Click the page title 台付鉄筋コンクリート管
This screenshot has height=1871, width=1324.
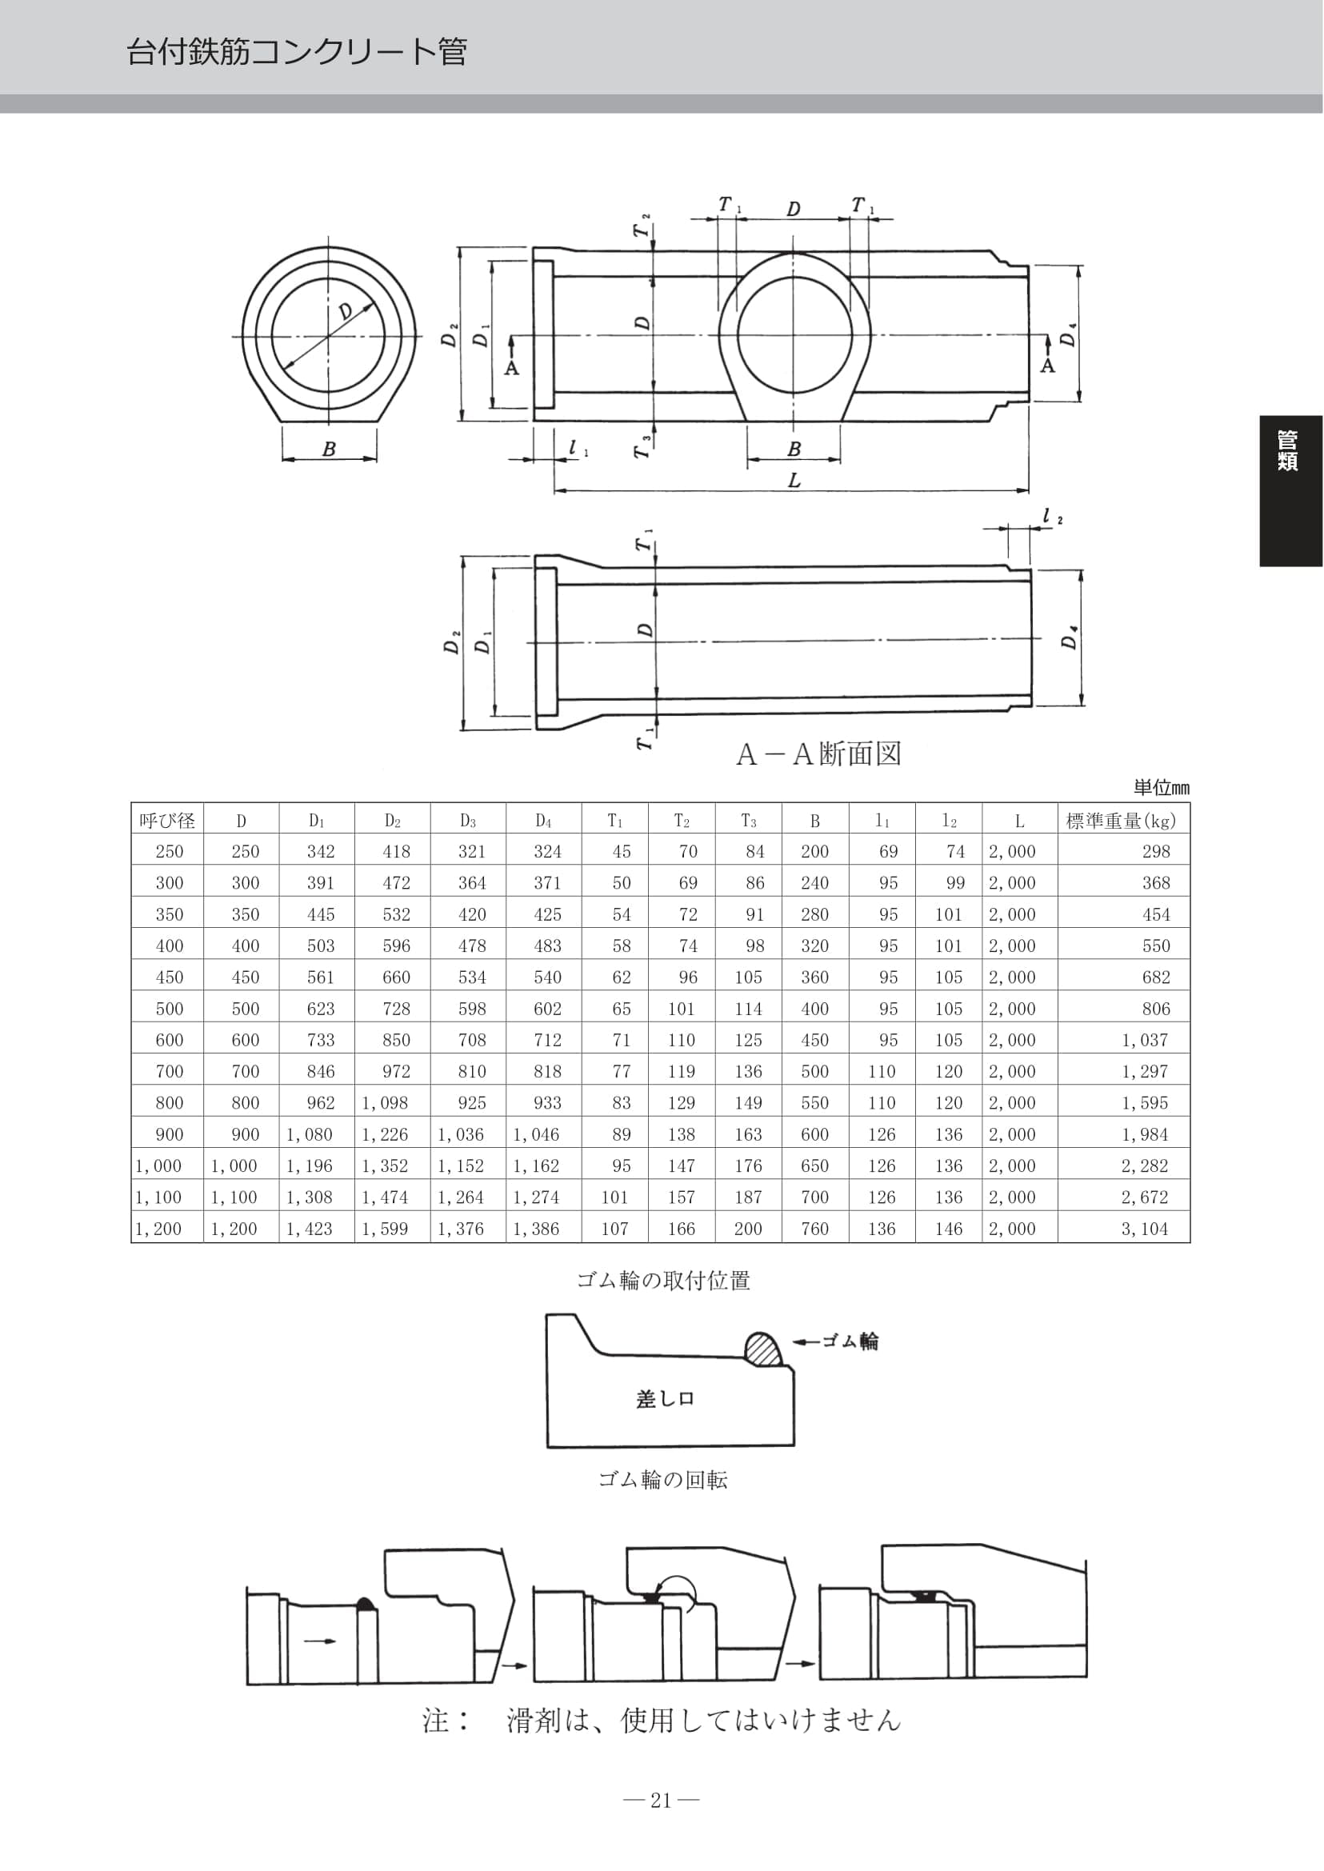[x=297, y=52]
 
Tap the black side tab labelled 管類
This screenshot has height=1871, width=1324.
[x=1291, y=491]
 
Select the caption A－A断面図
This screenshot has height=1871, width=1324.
[x=818, y=754]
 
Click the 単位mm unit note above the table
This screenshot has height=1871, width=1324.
[x=1161, y=788]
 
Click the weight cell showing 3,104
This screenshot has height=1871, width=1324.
[x=1144, y=1229]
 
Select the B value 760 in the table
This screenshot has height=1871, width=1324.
[x=814, y=1229]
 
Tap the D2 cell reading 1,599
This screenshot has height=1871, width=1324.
[x=385, y=1229]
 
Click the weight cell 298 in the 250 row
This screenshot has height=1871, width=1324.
[x=1156, y=851]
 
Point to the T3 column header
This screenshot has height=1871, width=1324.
[x=749, y=821]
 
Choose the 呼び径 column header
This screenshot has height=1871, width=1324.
[x=167, y=820]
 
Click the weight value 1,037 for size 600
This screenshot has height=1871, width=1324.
[x=1145, y=1040]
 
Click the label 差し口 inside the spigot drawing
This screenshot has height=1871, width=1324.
[x=665, y=1399]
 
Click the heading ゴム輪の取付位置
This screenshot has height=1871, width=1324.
[x=663, y=1281]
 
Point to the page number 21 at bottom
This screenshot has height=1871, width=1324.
[x=661, y=1800]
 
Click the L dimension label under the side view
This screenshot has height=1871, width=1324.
[x=794, y=480]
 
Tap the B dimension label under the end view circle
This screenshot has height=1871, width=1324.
[x=329, y=450]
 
